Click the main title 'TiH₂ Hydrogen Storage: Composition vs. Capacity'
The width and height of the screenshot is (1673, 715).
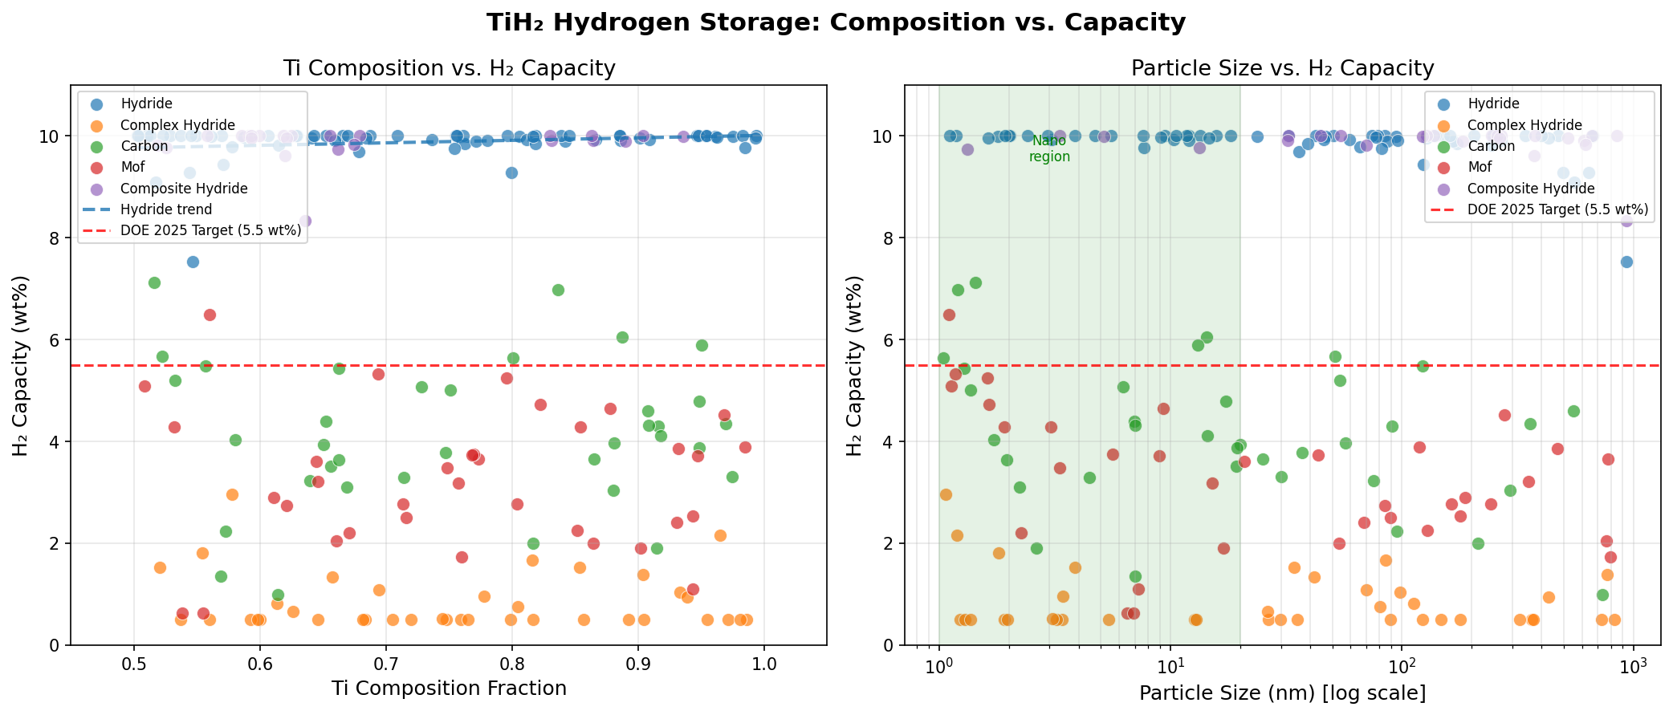(x=836, y=22)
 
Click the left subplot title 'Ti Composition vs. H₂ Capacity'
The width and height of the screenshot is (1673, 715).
(x=449, y=68)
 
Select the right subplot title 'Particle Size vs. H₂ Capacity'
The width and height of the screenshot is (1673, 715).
(x=1282, y=68)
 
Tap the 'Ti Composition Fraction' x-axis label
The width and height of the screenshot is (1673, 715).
(x=449, y=689)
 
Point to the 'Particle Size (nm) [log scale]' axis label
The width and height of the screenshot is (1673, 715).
(x=1282, y=693)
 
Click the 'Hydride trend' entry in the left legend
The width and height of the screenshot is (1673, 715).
(x=166, y=209)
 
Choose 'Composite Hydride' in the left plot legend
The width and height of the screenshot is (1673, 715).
(x=184, y=189)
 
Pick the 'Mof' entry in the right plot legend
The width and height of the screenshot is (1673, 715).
(x=1480, y=167)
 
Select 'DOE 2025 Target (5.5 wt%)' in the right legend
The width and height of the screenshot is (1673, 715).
(x=1557, y=209)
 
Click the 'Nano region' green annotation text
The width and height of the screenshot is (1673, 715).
(x=1049, y=149)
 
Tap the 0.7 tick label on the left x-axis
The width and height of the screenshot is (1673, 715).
(x=386, y=665)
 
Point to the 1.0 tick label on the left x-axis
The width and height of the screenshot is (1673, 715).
(x=764, y=665)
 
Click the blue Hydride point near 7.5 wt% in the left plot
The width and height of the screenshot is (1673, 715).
(x=193, y=262)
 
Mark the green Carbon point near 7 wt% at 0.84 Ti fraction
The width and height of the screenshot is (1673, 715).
(x=558, y=290)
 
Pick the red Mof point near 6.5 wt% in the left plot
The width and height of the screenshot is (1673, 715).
(x=210, y=315)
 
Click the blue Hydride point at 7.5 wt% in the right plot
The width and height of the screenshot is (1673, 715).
(x=1626, y=262)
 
